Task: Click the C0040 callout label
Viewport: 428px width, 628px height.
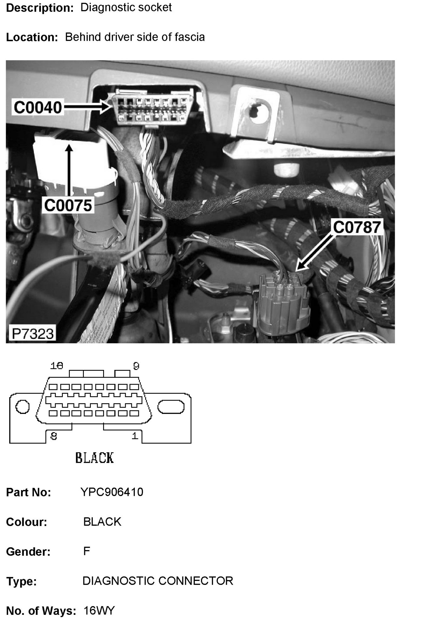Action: point(38,107)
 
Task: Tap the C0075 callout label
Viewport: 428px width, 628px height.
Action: point(68,205)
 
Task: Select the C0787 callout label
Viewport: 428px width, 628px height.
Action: point(357,227)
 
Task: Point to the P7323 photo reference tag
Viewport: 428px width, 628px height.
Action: point(32,333)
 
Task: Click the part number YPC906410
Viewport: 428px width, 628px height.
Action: point(112,492)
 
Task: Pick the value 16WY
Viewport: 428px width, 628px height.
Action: point(99,611)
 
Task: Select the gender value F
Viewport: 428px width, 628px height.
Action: point(87,551)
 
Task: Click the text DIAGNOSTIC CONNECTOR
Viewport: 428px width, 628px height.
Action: point(158,581)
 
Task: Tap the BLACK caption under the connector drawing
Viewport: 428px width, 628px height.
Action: point(94,458)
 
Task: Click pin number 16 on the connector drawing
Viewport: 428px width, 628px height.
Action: point(57,366)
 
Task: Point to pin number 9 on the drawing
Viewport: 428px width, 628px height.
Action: point(136,366)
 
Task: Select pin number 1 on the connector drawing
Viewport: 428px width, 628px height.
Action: point(135,436)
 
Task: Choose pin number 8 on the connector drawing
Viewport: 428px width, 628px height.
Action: point(54,436)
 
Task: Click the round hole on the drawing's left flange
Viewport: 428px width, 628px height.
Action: point(22,407)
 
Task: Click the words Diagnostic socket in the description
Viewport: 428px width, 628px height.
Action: point(126,8)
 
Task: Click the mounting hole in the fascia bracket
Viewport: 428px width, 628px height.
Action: point(257,110)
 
